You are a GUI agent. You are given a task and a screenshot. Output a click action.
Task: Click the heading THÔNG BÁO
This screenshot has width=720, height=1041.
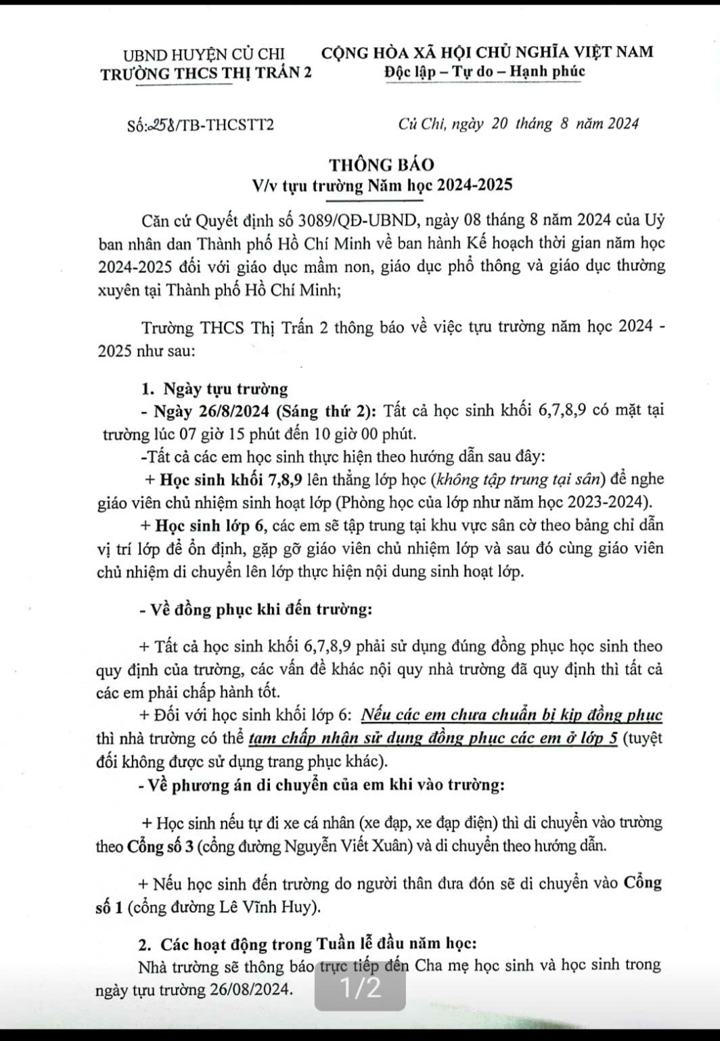click(382, 164)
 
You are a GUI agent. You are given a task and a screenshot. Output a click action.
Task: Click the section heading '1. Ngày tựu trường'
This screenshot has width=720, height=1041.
click(215, 389)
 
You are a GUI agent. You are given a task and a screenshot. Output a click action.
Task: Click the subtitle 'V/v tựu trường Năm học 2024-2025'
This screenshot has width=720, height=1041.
click(382, 185)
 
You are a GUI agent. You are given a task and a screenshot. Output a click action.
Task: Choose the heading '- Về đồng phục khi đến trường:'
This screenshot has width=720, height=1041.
click(254, 609)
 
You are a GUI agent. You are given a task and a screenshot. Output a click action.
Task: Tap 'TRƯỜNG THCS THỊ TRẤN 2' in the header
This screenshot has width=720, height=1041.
click(206, 74)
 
